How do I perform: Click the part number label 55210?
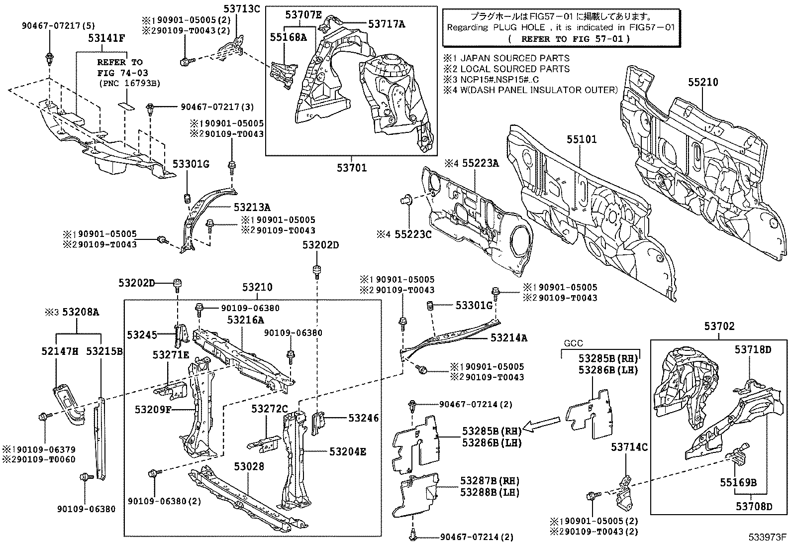[703, 83]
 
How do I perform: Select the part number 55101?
[581, 140]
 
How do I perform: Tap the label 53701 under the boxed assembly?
[351, 168]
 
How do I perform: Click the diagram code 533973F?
[768, 538]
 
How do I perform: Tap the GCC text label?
[573, 343]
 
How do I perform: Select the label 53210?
[258, 287]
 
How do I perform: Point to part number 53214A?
[508, 338]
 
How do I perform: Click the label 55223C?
[413, 234]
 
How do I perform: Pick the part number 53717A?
[387, 23]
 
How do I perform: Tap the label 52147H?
[60, 352]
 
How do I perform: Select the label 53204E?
[348, 451]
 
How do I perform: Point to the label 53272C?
[269, 409]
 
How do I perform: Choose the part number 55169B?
[738, 482]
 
